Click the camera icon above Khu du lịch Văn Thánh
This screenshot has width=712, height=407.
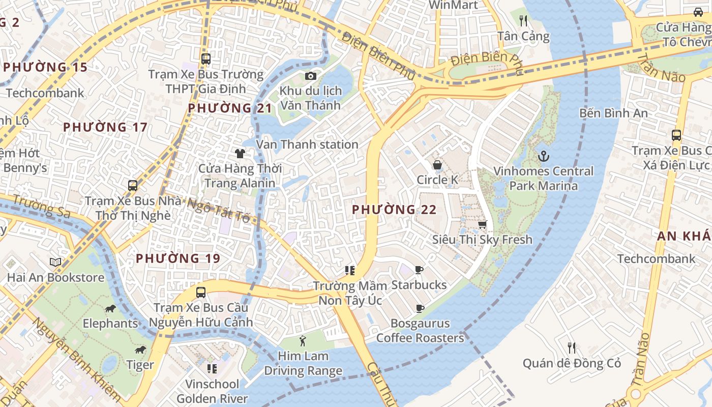coord(310,76)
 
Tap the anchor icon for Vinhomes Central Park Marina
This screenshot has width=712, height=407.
coord(544,155)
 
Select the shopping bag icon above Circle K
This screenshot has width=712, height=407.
coord(437,164)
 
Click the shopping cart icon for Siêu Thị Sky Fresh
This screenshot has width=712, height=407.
coord(482,224)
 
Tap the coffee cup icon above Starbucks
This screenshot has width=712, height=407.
coord(419,270)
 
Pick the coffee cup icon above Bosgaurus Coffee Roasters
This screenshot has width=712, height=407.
coord(420,308)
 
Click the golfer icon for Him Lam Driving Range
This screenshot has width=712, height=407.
coord(303,340)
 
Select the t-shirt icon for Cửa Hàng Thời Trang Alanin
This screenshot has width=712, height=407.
coord(240,153)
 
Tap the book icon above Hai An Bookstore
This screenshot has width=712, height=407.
coord(55,263)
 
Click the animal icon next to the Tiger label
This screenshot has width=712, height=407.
coord(140,350)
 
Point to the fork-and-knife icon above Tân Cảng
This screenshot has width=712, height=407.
coord(523,21)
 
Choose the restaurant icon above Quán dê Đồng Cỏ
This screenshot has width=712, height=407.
coord(572,348)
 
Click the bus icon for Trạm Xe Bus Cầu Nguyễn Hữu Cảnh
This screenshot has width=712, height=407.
coord(201,293)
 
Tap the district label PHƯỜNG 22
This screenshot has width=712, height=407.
coord(394,210)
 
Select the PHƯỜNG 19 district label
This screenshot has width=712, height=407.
coord(178,258)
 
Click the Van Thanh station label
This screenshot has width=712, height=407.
coord(307,144)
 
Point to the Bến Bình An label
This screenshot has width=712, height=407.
coord(613,113)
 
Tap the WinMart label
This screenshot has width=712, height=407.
coord(453,5)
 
